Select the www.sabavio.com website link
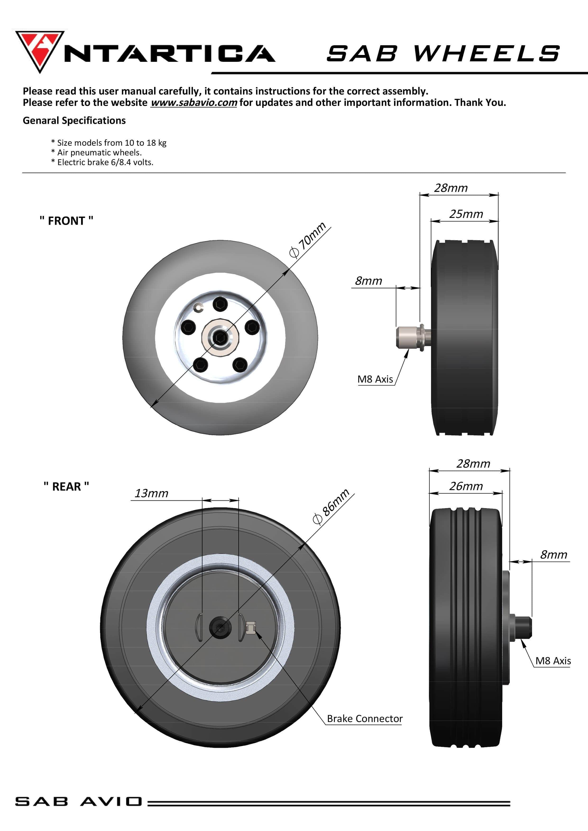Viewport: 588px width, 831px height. click(193, 103)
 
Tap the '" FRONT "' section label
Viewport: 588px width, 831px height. click(66, 221)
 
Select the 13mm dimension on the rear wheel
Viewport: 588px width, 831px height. click(152, 493)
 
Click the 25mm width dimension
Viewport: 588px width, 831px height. click(466, 214)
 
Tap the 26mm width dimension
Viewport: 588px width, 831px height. click(466, 486)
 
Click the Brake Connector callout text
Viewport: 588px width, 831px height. click(364, 718)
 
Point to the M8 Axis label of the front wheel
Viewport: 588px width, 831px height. click(375, 379)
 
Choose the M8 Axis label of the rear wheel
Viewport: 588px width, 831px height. click(553, 661)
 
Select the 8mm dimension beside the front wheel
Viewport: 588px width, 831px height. click(368, 281)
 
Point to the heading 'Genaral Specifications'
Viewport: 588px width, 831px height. click(74, 121)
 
